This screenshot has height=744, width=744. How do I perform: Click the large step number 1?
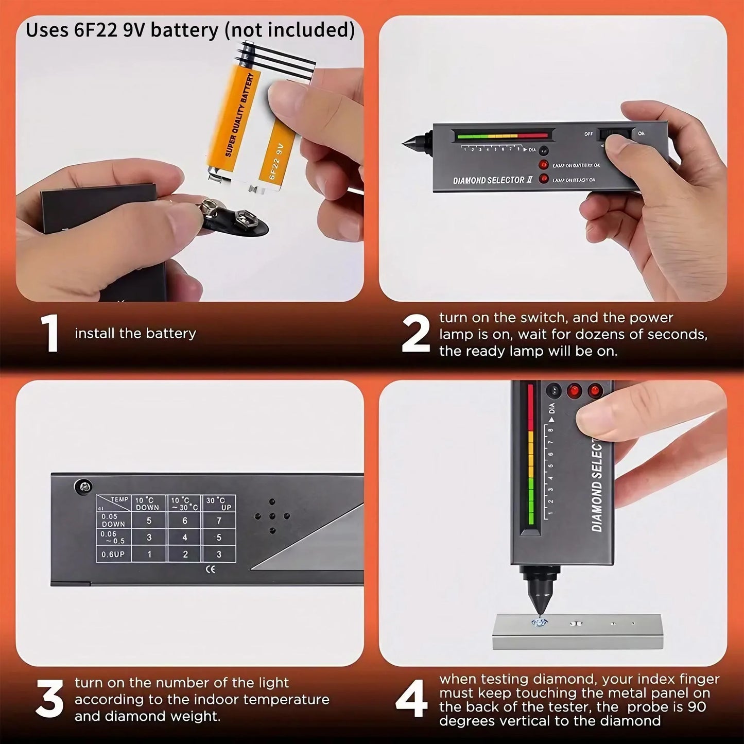[50, 334]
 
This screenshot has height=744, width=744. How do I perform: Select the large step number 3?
[50, 699]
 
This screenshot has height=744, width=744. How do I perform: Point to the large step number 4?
[412, 699]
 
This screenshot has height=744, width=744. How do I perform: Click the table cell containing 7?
[219, 521]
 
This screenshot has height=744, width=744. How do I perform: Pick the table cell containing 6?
[185, 521]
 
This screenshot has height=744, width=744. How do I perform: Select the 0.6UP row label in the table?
[113, 555]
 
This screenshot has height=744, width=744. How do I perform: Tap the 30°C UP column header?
[219, 504]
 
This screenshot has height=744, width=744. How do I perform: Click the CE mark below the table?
[210, 569]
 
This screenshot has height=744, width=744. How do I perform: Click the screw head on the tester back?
[83, 485]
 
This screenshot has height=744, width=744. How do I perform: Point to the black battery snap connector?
[237, 219]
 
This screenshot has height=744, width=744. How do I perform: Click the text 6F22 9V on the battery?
[275, 161]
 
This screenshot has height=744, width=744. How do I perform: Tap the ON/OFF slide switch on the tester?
[615, 134]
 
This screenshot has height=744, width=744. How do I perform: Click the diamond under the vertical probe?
[539, 622]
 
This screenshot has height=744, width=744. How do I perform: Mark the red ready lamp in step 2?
[543, 179]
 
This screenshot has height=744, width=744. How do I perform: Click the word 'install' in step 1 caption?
[95, 334]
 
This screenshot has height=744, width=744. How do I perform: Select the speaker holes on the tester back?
[272, 516]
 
